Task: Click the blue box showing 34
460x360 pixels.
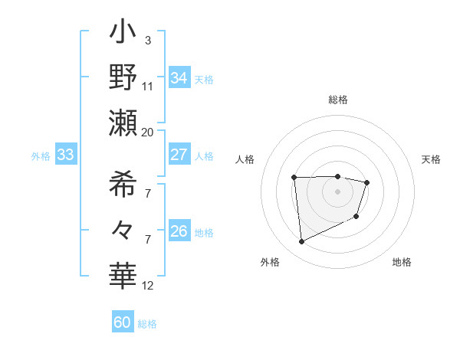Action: [179, 78]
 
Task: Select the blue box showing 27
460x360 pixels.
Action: [179, 155]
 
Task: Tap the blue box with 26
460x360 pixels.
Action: [179, 231]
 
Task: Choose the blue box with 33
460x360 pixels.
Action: [65, 155]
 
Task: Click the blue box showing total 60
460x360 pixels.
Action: [123, 322]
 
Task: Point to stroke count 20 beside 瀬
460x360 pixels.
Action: [147, 132]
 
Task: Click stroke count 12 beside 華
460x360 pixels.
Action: [148, 286]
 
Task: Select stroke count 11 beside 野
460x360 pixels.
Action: [148, 87]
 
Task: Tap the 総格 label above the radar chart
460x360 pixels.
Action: [338, 100]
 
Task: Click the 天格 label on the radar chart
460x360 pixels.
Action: [431, 159]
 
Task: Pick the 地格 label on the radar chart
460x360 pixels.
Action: [402, 262]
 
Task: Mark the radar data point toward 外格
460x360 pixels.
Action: [301, 242]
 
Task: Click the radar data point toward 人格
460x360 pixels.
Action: [294, 178]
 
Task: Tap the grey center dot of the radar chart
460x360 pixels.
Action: [338, 191]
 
